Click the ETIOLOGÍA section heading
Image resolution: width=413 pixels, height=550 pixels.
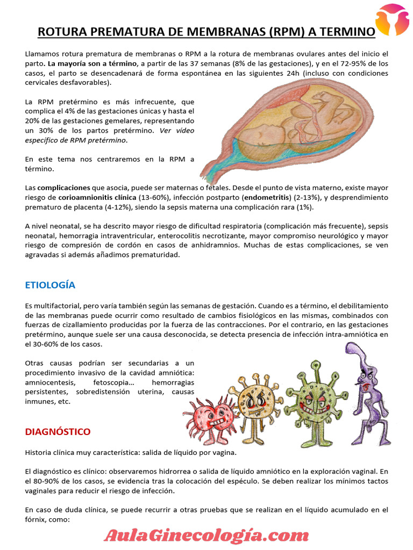(50, 285)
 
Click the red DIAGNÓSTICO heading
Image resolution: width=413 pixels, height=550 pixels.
(58, 431)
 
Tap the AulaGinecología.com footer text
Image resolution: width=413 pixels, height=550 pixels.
(206, 535)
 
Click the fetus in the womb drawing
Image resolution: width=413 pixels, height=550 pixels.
(290, 121)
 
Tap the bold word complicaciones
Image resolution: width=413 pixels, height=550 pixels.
(63, 188)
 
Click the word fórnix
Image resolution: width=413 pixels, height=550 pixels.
(35, 519)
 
